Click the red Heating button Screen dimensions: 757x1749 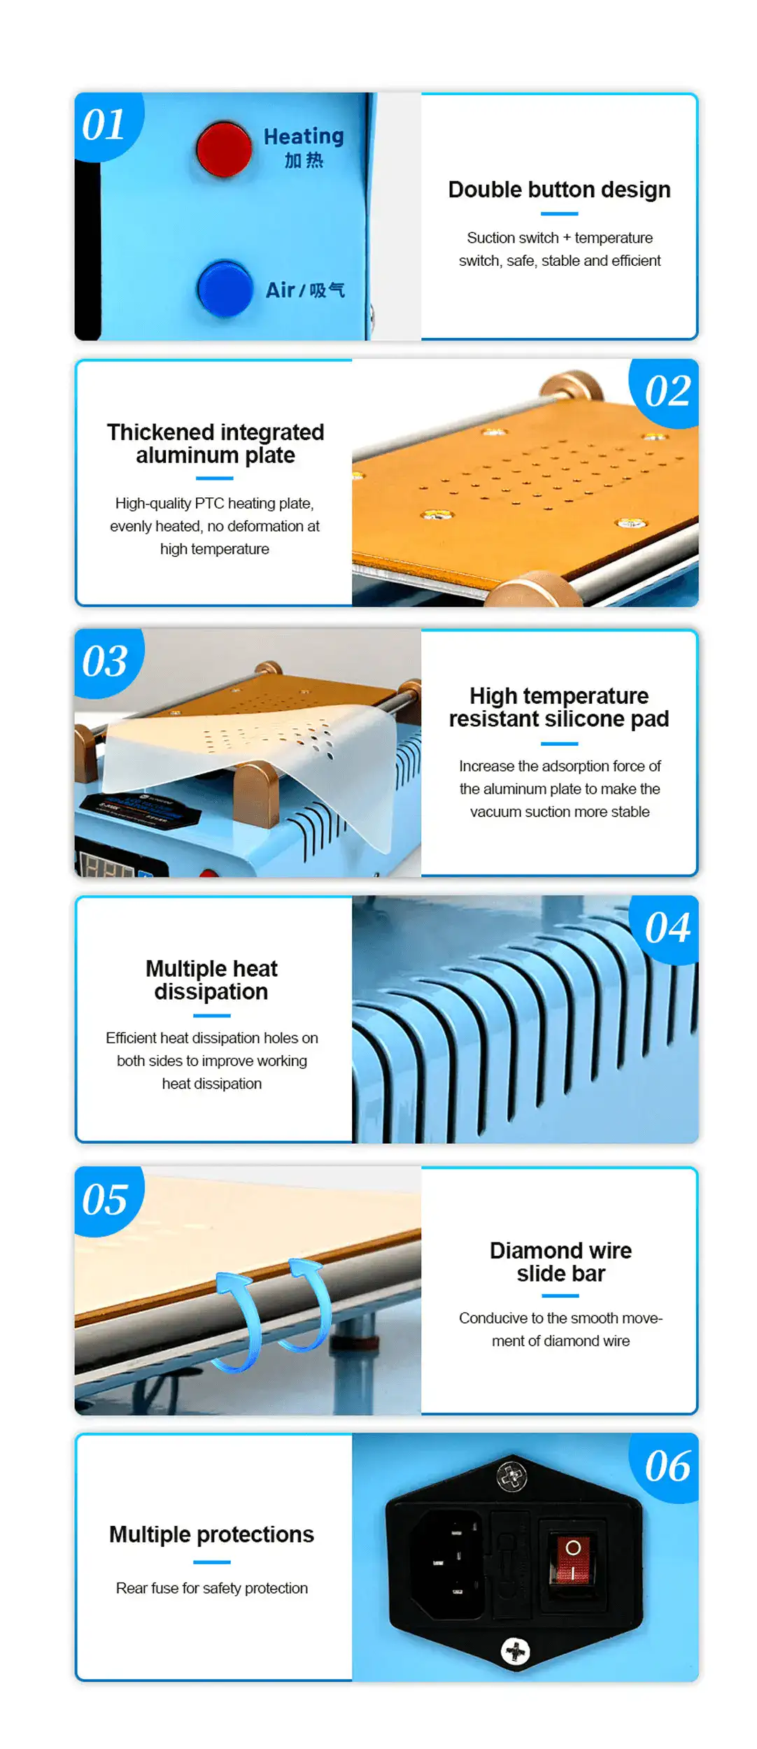coord(224,149)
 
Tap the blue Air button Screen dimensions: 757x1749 coord(225,288)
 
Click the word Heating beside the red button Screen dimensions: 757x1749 coord(304,136)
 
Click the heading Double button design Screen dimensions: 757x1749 coord(559,190)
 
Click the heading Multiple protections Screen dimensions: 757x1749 coord(211,1534)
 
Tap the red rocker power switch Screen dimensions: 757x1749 coord(572,1559)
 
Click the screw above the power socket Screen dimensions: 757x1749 coord(511,1478)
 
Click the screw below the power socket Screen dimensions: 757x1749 coord(516,1651)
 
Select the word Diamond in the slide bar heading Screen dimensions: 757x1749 coord(536,1250)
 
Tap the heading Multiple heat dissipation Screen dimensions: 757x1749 coord(211,980)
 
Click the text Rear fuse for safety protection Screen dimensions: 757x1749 coord(212,1588)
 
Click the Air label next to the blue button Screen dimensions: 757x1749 coord(280,290)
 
